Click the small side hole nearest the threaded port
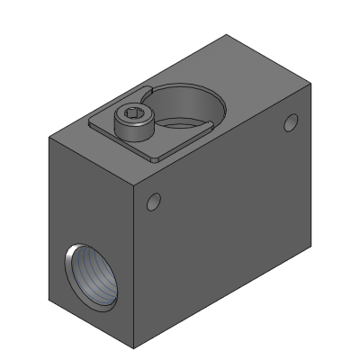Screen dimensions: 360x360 tap(153, 202)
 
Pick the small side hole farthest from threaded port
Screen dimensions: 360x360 tap(290, 122)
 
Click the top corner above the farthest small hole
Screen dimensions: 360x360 tap(310, 82)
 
